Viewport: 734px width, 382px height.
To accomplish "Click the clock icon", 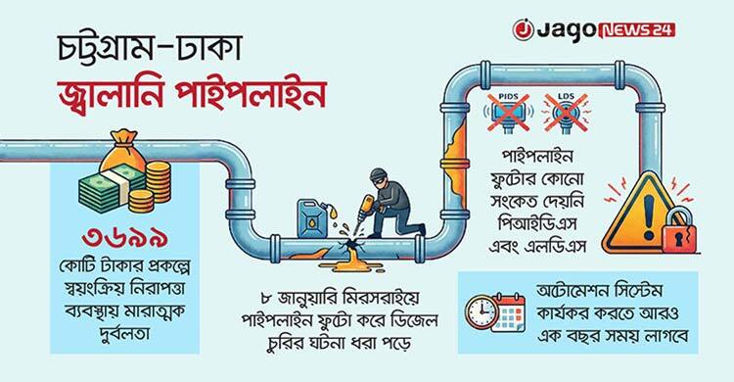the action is pyautogui.click(x=482, y=310).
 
